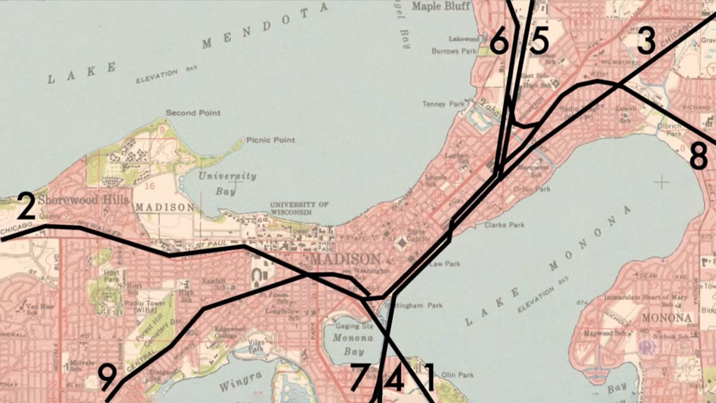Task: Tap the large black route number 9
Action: click(x=107, y=378)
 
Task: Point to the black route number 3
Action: click(x=646, y=41)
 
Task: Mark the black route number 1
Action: click(x=430, y=378)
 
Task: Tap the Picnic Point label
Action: click(x=271, y=140)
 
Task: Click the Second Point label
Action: click(x=193, y=113)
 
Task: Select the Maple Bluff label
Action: click(x=441, y=6)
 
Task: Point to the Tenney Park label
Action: click(x=444, y=104)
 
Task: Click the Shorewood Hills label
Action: click(x=83, y=200)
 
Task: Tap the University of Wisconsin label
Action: click(x=299, y=208)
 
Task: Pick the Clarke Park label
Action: click(x=505, y=225)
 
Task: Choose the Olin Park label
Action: click(x=458, y=375)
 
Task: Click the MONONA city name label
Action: click(x=667, y=318)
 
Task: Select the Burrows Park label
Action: click(x=454, y=51)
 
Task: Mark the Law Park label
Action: click(x=445, y=264)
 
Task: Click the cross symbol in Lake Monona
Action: click(x=662, y=182)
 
